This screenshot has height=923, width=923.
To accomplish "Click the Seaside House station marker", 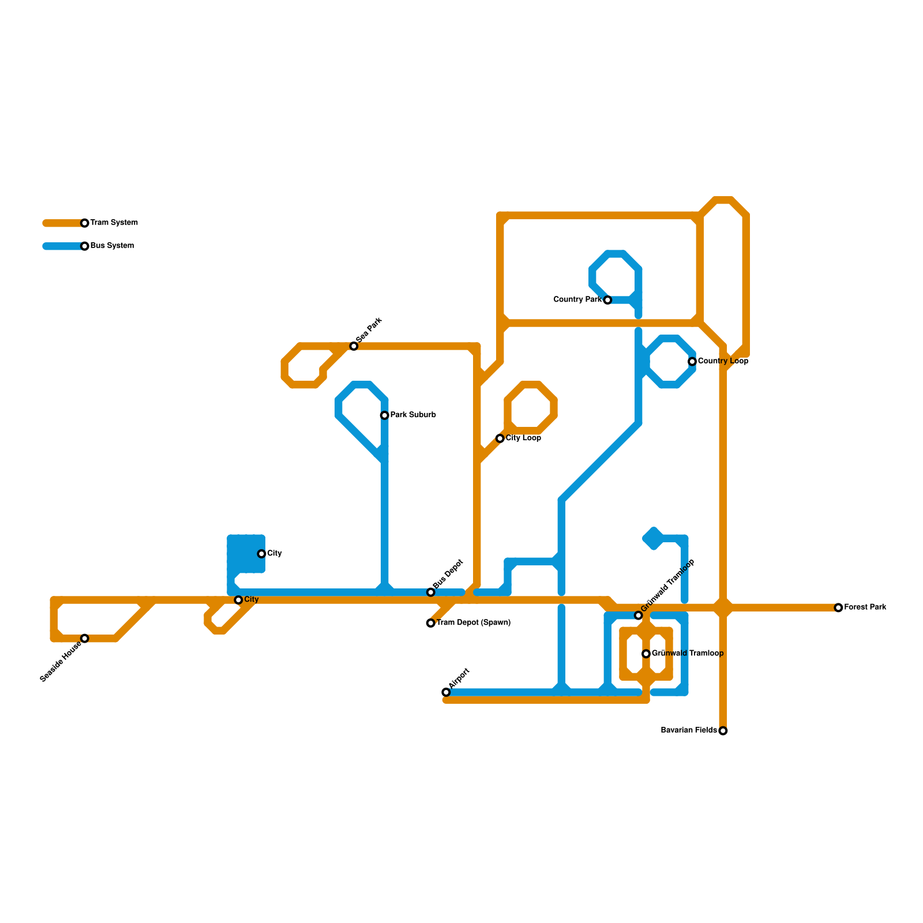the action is pyautogui.click(x=85, y=639).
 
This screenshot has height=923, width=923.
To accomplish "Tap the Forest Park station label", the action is pyautogui.click(x=865, y=607).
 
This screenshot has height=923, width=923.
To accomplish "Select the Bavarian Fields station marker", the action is pyautogui.click(x=723, y=731).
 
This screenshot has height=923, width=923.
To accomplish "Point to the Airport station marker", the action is pyautogui.click(x=446, y=692).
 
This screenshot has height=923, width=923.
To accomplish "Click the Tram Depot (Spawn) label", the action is pyautogui.click(x=473, y=623).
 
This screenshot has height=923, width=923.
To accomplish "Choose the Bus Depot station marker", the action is pyautogui.click(x=431, y=592).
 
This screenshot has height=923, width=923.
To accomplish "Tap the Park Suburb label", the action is pyautogui.click(x=412, y=415).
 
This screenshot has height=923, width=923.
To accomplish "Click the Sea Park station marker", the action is pyautogui.click(x=354, y=346).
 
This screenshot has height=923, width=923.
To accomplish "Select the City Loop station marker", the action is pyautogui.click(x=500, y=438).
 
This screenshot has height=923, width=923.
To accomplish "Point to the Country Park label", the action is pyautogui.click(x=577, y=300).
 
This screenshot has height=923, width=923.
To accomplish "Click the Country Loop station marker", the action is pyautogui.click(x=692, y=362).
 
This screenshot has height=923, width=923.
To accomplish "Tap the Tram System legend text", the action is pyautogui.click(x=114, y=223).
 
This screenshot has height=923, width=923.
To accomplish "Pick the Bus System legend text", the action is pyautogui.click(x=112, y=246).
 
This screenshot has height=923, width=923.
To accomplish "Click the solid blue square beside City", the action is pyautogui.click(x=246, y=554).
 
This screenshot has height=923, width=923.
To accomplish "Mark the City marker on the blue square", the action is pyautogui.click(x=261, y=554).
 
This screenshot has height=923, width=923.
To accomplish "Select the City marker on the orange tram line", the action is pyautogui.click(x=238, y=600).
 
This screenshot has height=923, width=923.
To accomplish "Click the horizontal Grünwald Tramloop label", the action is pyautogui.click(x=687, y=654).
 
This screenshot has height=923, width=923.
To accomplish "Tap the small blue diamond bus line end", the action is pyautogui.click(x=653, y=539).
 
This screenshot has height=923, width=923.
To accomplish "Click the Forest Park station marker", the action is pyautogui.click(x=838, y=607).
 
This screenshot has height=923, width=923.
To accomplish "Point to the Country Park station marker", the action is pyautogui.click(x=607, y=300).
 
